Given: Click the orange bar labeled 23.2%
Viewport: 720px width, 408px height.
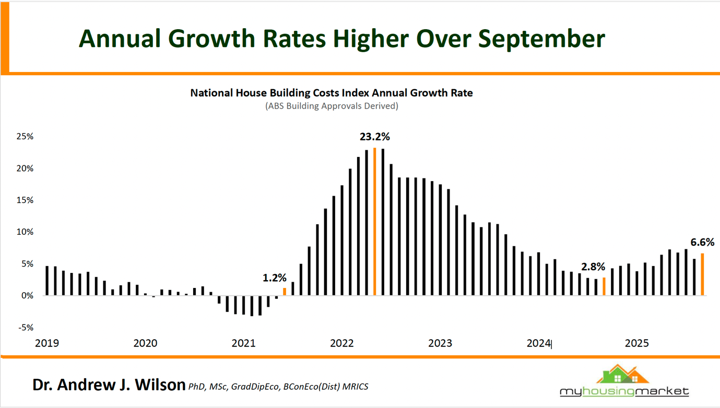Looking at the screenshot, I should coord(375,222).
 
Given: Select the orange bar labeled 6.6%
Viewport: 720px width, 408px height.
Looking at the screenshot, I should coord(702,274).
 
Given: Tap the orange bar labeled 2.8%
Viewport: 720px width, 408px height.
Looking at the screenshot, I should coord(604,286).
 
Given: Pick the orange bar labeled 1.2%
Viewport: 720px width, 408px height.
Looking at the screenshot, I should coord(285,292).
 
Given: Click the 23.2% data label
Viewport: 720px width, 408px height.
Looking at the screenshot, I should coord(374,137).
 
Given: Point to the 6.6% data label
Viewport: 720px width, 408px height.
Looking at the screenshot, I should coord(702,242).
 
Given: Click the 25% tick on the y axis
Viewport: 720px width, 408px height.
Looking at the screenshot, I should coord(25,137).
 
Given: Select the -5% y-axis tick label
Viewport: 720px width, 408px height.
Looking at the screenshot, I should coord(26,328).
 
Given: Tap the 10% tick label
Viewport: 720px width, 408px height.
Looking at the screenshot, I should coord(25,232).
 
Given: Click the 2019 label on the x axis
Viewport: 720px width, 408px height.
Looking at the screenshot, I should coord(47,343).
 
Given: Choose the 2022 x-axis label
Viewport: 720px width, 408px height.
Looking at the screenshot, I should coord(342,343).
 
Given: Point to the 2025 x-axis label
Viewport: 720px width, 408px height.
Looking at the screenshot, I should coord(637,343).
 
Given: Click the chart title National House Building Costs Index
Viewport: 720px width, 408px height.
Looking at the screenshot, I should coord(331,93).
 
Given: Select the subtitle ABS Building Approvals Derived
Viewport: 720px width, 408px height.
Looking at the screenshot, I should coord(332,106).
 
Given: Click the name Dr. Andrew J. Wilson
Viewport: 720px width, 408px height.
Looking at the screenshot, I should coord(109,385).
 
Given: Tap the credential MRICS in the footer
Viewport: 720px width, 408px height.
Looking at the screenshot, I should coord(356,387).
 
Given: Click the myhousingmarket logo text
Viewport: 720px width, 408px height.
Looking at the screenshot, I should coord(624,391).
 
